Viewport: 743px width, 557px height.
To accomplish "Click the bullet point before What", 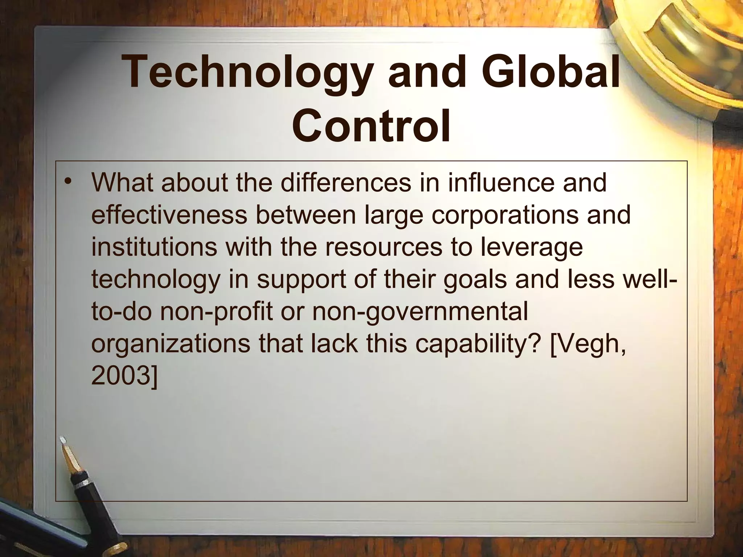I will (x=66, y=182).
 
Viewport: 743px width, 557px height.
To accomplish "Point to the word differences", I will (x=346, y=183).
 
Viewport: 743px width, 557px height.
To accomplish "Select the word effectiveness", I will (x=169, y=215).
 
